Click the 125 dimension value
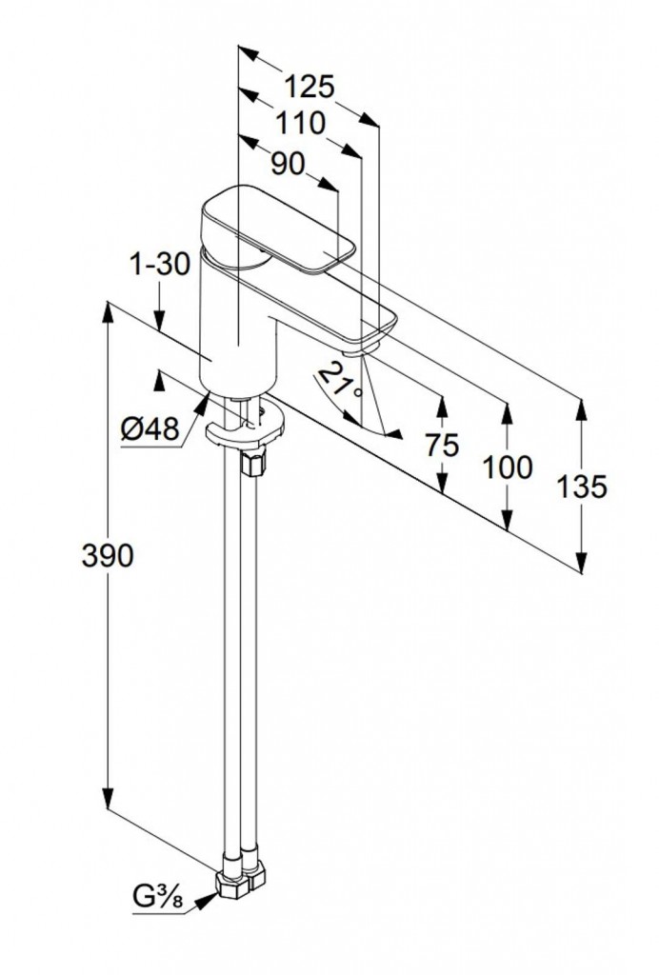click(x=310, y=87)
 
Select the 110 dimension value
click(x=300, y=124)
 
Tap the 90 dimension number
click(x=288, y=164)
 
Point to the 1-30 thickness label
click(x=159, y=265)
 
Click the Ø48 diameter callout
click(x=150, y=428)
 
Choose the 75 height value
click(x=442, y=445)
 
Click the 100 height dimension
click(x=508, y=468)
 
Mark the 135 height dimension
click(x=581, y=487)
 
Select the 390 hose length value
click(x=108, y=556)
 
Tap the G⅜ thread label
click(x=158, y=899)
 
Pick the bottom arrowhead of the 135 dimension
click(x=581, y=561)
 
